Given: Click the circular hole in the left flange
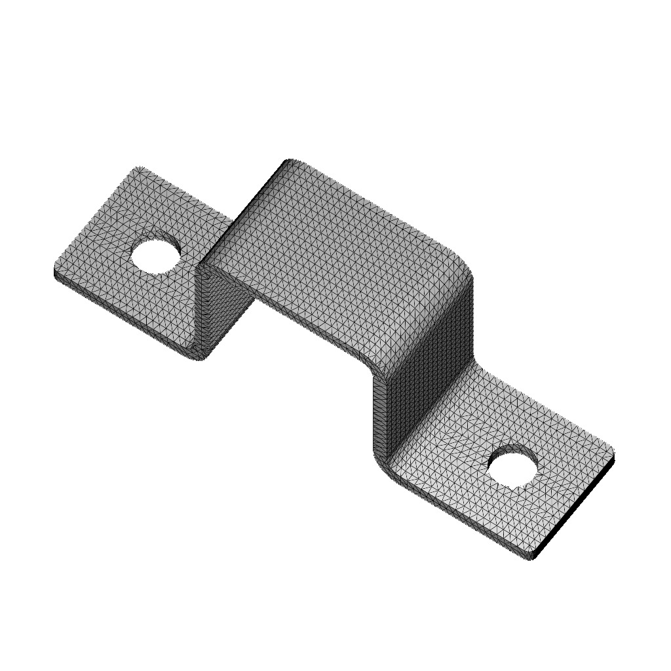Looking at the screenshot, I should pyautogui.click(x=156, y=254).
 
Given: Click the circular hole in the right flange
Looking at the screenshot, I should pyautogui.click(x=513, y=467).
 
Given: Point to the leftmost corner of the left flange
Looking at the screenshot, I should pyautogui.click(x=54, y=271).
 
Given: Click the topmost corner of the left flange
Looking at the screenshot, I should pyautogui.click(x=138, y=168).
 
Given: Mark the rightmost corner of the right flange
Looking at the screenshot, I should pyautogui.click(x=613, y=454).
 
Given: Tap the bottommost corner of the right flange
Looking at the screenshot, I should pyautogui.click(x=532, y=558).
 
